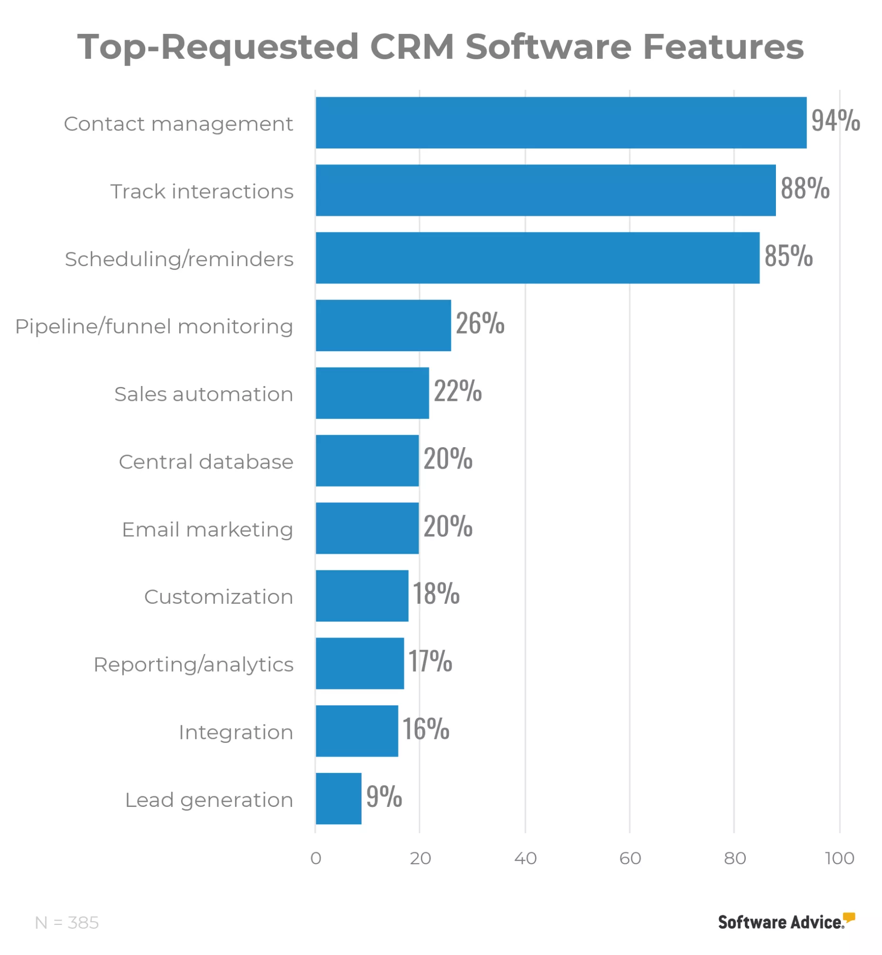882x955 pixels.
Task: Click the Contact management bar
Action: click(x=560, y=123)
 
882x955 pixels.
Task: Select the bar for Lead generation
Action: click(x=338, y=798)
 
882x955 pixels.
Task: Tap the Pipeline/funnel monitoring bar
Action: click(x=383, y=325)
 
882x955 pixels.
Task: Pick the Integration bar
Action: click(x=356, y=731)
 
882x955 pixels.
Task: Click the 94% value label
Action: click(x=835, y=120)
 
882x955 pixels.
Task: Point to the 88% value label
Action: click(x=805, y=188)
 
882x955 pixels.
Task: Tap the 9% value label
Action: click(x=384, y=796)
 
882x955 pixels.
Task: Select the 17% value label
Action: click(x=430, y=661)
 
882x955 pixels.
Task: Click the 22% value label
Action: click(x=457, y=391)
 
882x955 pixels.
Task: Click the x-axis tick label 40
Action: click(x=525, y=858)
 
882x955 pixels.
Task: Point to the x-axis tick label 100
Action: click(x=839, y=858)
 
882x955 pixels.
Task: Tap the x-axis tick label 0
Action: click(x=315, y=858)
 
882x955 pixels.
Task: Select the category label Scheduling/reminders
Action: click(x=179, y=259)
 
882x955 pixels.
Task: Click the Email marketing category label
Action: click(x=207, y=529)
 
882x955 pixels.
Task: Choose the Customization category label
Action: click(x=218, y=597)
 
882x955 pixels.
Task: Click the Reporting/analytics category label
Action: click(x=194, y=665)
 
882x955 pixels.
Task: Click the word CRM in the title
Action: click(x=412, y=47)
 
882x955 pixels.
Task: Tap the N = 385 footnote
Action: click(x=67, y=923)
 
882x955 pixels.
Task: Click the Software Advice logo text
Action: click(x=780, y=923)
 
